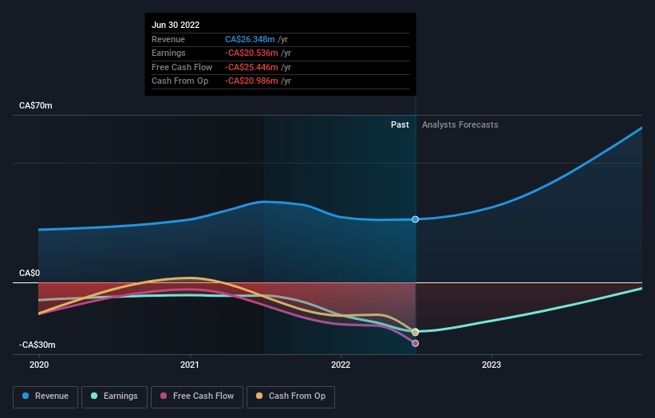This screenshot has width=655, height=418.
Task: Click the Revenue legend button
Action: tap(45, 396)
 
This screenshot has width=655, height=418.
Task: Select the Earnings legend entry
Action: tap(114, 396)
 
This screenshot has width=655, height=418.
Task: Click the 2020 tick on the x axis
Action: tap(39, 364)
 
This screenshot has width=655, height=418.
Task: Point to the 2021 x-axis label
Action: tap(190, 364)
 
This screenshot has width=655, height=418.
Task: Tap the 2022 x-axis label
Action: tap(341, 364)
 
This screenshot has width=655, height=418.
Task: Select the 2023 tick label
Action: tap(491, 364)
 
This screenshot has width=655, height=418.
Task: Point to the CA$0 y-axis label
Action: tap(30, 274)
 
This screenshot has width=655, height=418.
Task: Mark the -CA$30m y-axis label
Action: tap(37, 345)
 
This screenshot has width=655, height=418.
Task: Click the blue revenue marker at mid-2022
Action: tap(416, 219)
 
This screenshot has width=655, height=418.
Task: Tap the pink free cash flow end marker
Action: tap(416, 343)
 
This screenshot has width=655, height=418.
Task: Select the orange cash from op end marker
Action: tap(416, 332)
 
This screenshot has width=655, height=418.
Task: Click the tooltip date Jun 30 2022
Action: tap(176, 25)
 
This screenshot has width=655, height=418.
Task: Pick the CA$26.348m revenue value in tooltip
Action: tap(250, 39)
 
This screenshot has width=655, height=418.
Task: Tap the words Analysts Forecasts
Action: tap(460, 125)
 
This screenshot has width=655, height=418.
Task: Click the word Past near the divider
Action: tap(400, 125)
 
